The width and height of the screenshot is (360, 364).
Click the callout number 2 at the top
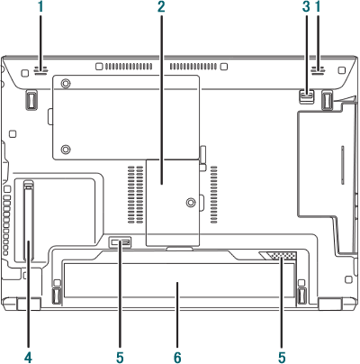tap(161, 7)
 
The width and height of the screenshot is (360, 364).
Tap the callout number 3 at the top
tap(306, 7)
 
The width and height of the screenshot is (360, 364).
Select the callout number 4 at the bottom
tap(28, 358)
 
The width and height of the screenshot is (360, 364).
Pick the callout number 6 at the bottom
tap(177, 358)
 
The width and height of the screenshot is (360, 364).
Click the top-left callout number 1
tap(40, 7)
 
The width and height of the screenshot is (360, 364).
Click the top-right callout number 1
tap(318, 7)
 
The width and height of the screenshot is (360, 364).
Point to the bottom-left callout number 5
tap(120, 358)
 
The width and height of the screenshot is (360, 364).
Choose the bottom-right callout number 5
tap(282, 358)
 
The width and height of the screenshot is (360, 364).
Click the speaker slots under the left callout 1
tap(40, 70)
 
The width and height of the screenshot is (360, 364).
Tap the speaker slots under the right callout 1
tap(318, 70)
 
